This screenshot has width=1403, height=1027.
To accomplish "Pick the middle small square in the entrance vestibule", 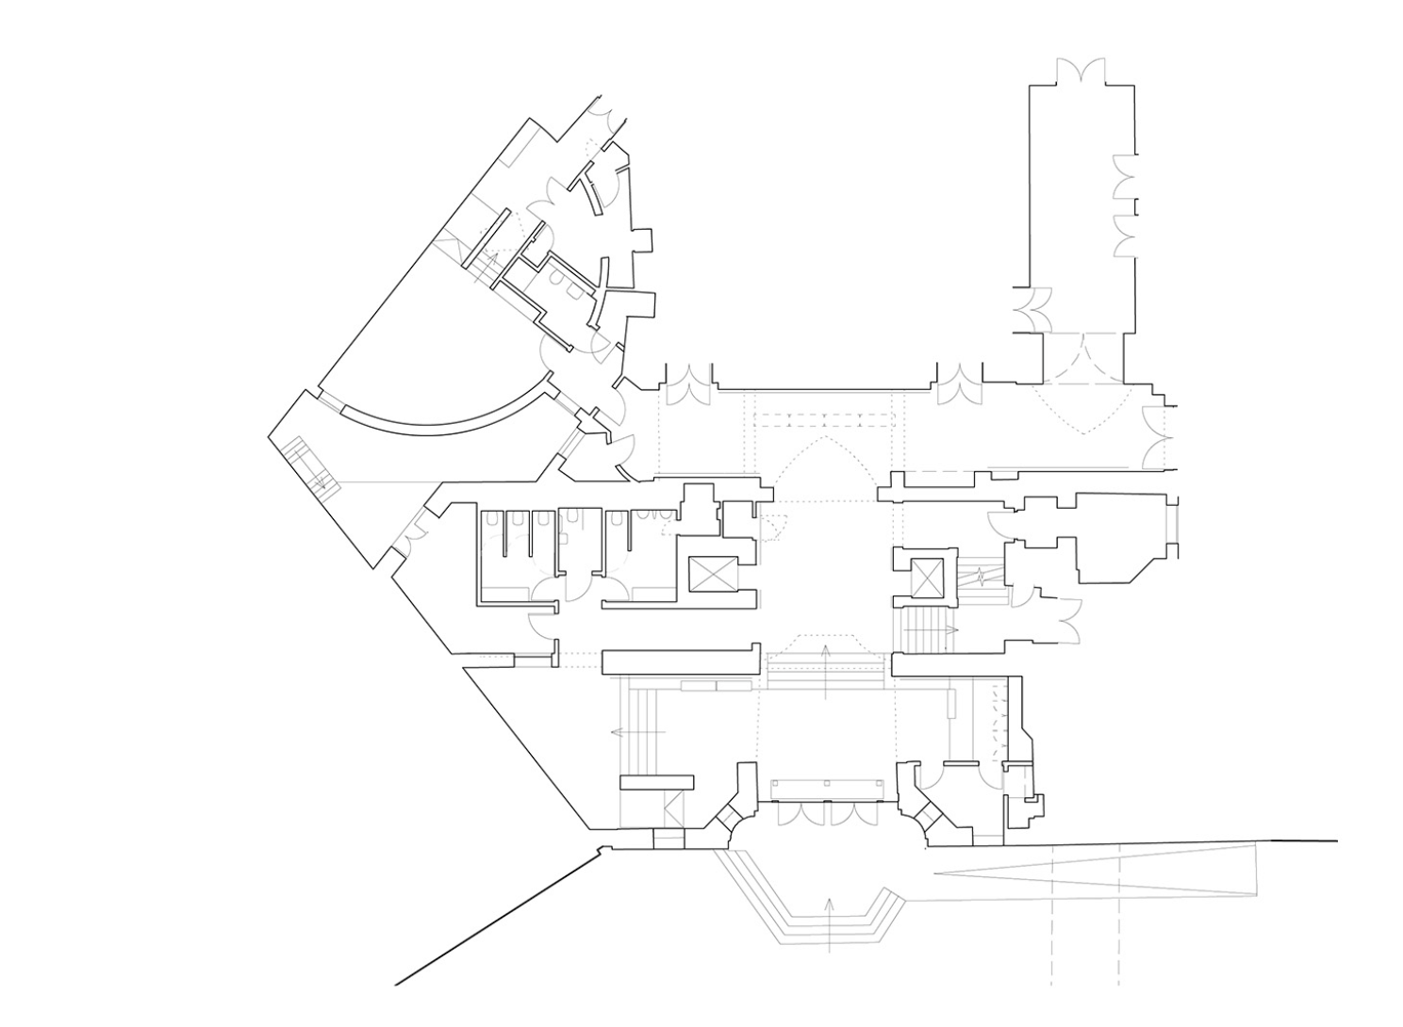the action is tap(826, 783).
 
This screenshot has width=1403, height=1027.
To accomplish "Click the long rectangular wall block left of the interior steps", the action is tap(681, 660).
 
